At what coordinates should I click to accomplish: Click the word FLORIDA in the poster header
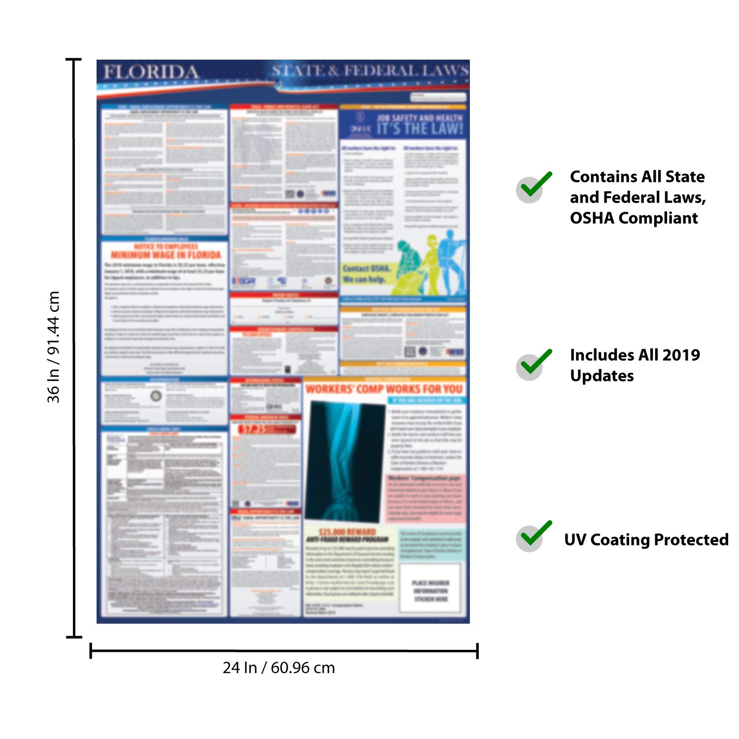151,72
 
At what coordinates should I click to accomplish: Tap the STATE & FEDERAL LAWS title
370,71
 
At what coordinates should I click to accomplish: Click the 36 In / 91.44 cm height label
53,347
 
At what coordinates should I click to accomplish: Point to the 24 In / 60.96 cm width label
279,668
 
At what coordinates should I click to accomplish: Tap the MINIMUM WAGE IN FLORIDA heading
166,255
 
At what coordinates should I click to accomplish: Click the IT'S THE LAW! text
420,129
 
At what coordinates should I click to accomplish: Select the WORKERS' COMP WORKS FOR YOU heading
384,389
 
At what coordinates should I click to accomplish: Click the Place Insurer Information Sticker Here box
431,590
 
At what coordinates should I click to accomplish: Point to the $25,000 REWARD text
347,532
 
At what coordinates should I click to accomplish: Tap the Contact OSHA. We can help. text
365,274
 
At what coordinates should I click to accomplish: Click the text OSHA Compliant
634,218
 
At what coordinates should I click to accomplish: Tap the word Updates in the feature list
602,376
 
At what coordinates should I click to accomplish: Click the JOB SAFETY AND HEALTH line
420,118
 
